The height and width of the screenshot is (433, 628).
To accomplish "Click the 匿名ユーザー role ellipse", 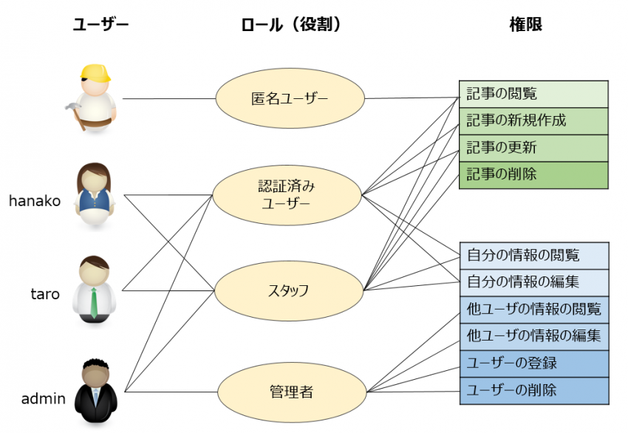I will point(290,98).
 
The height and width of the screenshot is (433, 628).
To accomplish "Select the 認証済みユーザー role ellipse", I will point(286,194).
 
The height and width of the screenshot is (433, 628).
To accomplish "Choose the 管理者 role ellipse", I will point(290,390).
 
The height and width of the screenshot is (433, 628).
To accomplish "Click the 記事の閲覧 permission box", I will point(533,94).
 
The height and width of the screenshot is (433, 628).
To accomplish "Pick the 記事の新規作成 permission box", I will point(533,120).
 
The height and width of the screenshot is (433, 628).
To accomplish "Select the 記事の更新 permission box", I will point(533,148).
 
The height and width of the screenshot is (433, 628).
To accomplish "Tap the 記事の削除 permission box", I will point(533,174).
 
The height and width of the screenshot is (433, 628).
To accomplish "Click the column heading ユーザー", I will point(100,25).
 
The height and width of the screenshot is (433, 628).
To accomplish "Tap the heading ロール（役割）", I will point(290,25).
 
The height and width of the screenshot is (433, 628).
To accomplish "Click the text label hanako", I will point(35,201).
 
